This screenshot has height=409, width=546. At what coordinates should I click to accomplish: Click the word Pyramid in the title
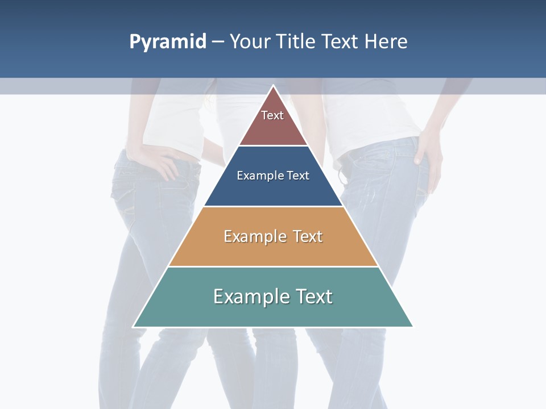168,42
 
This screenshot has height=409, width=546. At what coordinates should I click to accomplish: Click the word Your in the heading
250,41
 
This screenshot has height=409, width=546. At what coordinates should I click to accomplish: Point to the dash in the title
218,42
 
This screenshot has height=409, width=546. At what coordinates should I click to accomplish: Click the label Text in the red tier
272,115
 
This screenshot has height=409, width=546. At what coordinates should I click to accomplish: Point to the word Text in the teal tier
313,297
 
